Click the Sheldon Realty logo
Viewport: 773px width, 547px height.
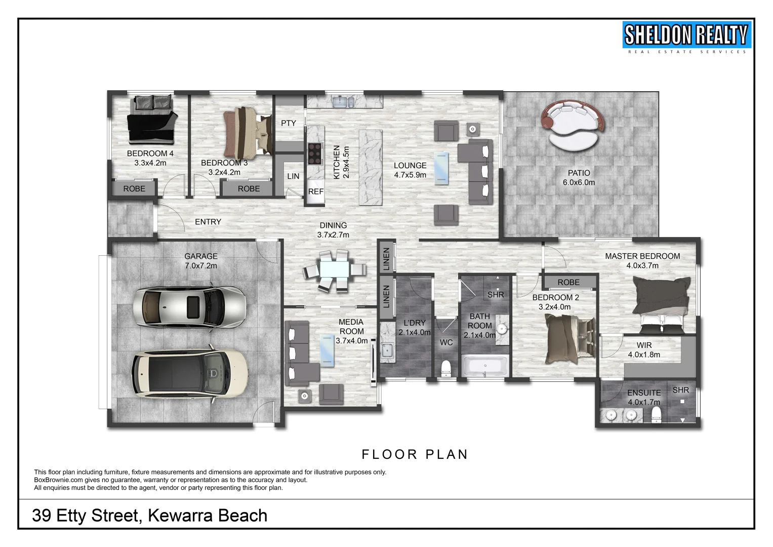click(x=686, y=37)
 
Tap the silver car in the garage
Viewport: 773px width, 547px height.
click(x=189, y=307)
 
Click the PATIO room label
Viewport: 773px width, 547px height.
click(x=579, y=173)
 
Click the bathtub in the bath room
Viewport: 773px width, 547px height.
click(x=485, y=366)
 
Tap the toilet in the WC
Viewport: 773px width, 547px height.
click(x=446, y=368)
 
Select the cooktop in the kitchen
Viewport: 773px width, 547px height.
click(x=314, y=153)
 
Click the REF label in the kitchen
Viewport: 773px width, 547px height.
click(x=315, y=191)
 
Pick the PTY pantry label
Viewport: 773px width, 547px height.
click(x=288, y=123)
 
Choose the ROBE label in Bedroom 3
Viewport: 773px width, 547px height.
click(x=249, y=188)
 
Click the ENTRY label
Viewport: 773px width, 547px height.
click(x=208, y=222)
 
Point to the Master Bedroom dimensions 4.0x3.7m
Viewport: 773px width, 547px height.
click(x=642, y=265)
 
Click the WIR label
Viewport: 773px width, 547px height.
click(x=644, y=345)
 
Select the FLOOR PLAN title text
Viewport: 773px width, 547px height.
click(x=415, y=454)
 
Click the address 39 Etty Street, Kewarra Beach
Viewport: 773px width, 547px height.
click(x=149, y=515)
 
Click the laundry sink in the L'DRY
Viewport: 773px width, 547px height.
click(x=387, y=349)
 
